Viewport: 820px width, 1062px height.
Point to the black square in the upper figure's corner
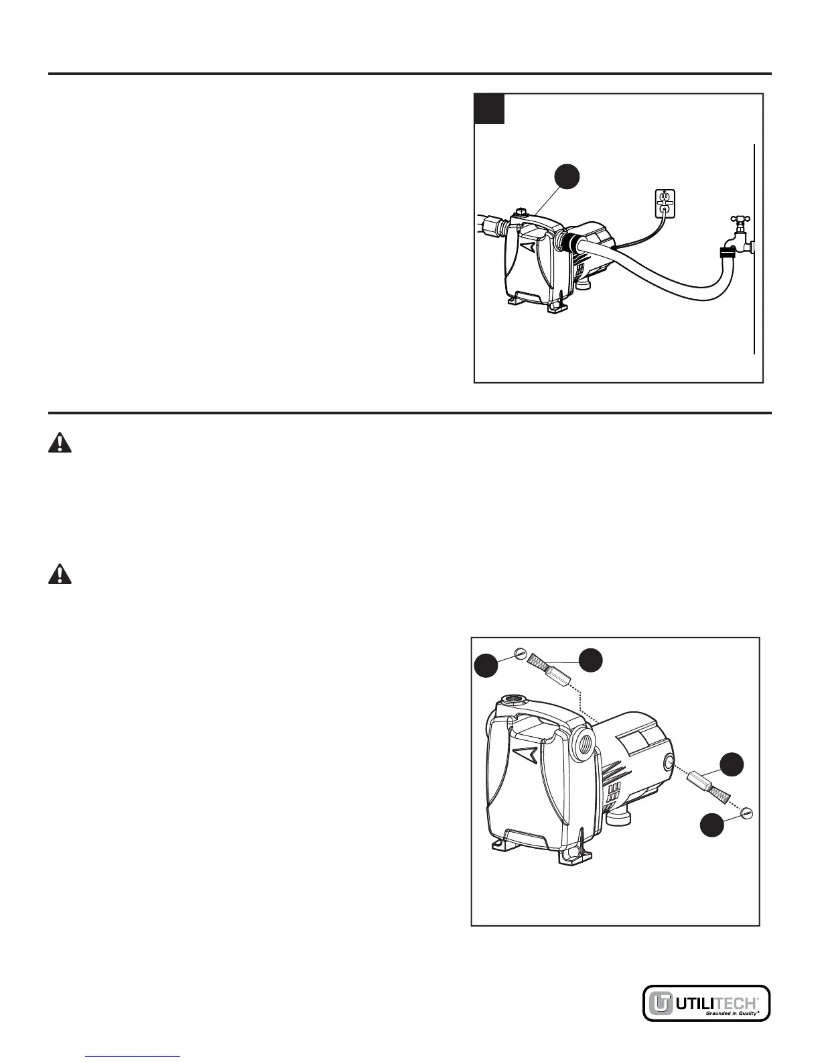(489, 109)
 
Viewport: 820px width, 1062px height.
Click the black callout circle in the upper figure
(566, 177)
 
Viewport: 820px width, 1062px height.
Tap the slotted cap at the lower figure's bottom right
(748, 813)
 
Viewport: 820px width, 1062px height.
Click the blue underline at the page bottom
(134, 1057)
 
